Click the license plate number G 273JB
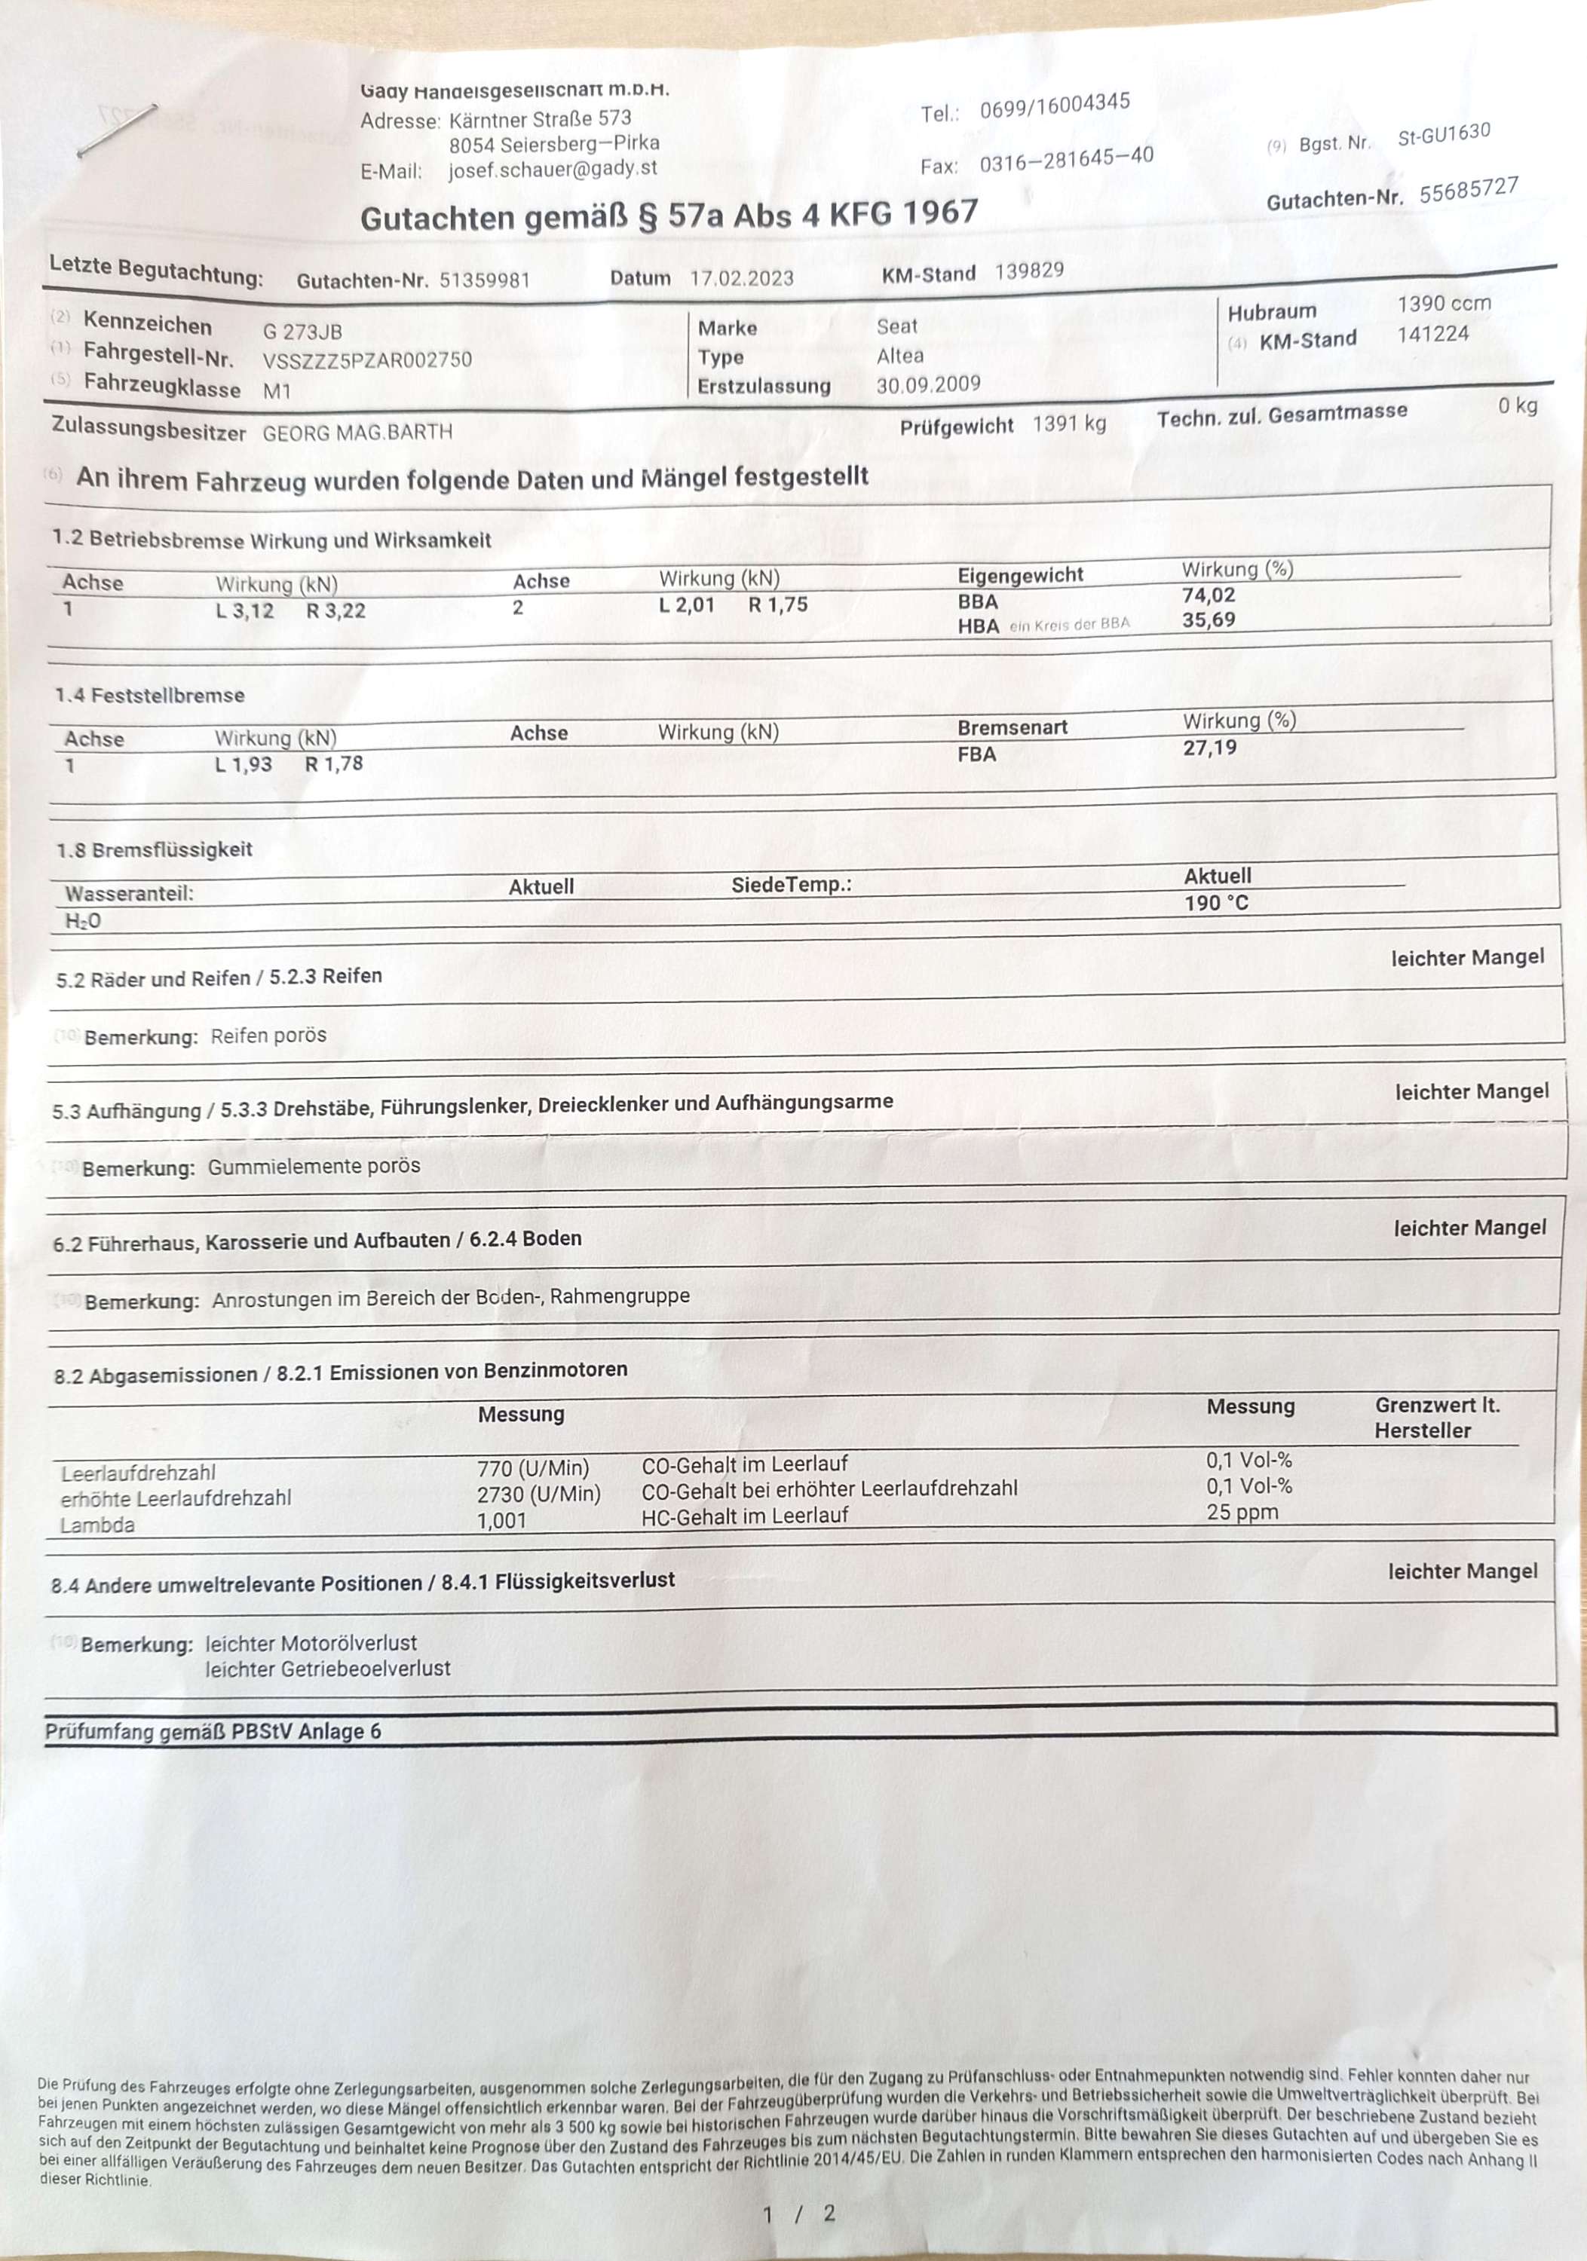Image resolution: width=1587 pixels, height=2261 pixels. pyautogui.click(x=302, y=332)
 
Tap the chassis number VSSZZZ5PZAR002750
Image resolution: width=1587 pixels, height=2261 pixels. pyautogui.click(x=367, y=360)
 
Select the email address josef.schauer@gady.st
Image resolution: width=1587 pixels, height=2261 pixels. pyautogui.click(x=553, y=168)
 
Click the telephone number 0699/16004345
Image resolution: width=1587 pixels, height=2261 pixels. pyautogui.click(x=1054, y=106)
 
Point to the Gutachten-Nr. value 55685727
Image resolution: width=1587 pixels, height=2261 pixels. pyautogui.click(x=1469, y=189)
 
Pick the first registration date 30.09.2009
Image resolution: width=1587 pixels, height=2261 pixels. pyautogui.click(x=928, y=384)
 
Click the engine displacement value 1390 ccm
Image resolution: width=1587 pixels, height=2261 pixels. pyautogui.click(x=1443, y=303)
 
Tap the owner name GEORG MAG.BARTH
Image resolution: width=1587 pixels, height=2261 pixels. pyautogui.click(x=357, y=433)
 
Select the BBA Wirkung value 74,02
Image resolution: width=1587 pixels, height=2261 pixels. pyautogui.click(x=1209, y=595)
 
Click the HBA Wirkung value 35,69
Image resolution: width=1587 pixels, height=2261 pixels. pyautogui.click(x=1209, y=620)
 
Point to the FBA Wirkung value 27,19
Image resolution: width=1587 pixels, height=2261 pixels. pyautogui.click(x=1210, y=748)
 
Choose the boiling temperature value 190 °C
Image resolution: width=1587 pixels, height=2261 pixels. pyautogui.click(x=1215, y=903)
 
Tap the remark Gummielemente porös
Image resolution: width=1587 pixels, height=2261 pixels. pyautogui.click(x=314, y=1167)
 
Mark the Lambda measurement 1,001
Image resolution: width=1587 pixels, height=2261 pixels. pyautogui.click(x=501, y=1520)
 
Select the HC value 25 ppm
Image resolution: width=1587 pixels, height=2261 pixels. pyautogui.click(x=1242, y=1513)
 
